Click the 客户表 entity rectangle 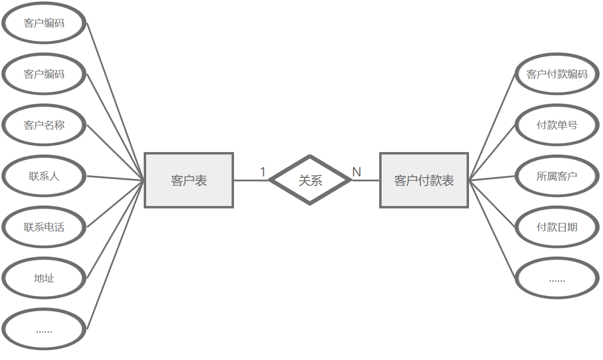tap(189, 180)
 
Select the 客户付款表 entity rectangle tap(424, 180)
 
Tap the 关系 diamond tap(310, 180)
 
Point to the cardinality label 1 tap(263, 172)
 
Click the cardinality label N tap(356, 172)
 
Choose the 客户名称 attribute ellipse tap(44, 125)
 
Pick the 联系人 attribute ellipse tap(44, 176)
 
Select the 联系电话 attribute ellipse tap(44, 227)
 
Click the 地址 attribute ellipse tap(44, 278)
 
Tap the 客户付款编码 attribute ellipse tap(557, 74)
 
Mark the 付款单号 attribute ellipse tap(557, 125)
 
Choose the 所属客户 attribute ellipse tap(557, 176)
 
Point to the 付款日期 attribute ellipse tap(557, 227)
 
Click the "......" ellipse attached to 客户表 tap(44, 329)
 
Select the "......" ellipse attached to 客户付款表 tap(557, 278)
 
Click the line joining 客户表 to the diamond tap(251, 180)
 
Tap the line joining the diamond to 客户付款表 tap(366, 180)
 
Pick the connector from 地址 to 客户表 tap(116, 229)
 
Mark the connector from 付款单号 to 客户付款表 tap(492, 153)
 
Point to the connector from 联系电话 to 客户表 tap(116, 204)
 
